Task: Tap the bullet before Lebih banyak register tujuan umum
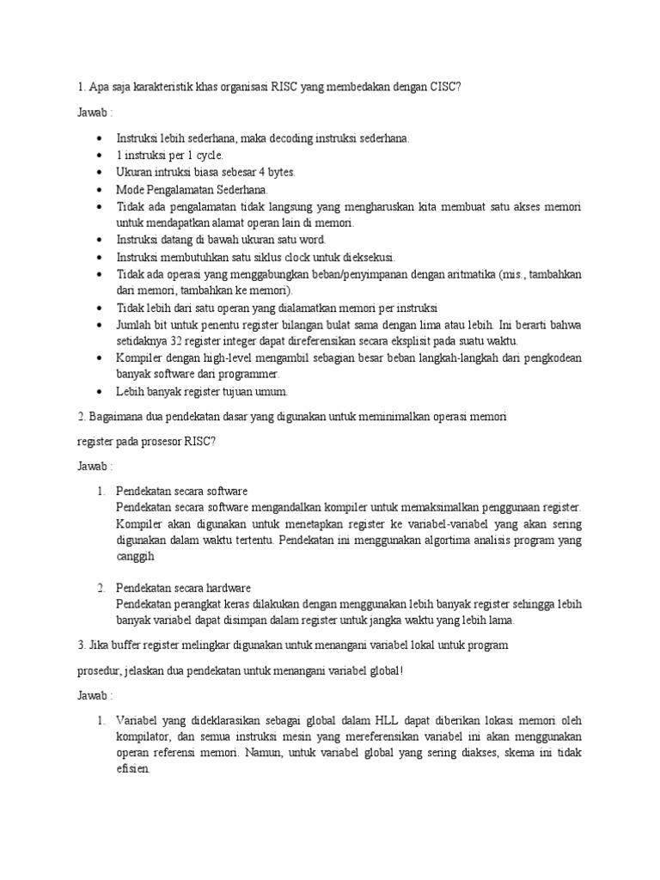point(101,392)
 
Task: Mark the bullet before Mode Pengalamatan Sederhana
point(101,188)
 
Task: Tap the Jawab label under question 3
point(94,694)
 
